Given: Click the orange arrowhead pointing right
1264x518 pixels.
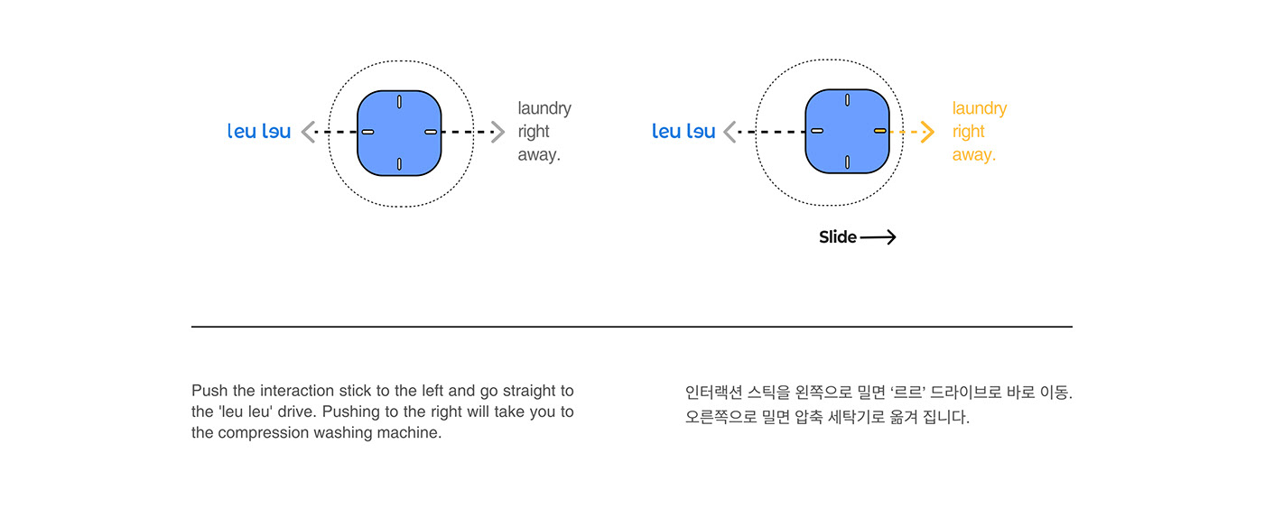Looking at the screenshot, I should tap(927, 133).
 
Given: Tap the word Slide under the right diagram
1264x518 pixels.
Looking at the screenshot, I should tap(837, 237).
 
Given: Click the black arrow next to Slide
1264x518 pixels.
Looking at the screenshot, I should tap(878, 237).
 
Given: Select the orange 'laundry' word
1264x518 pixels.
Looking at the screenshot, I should tap(979, 108).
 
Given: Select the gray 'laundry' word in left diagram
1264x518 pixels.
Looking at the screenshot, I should tap(544, 108).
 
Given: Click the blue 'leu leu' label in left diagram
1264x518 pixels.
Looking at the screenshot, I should tap(259, 132).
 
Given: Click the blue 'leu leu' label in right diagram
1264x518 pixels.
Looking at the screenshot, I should tap(683, 132).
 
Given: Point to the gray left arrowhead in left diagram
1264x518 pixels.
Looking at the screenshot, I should tap(308, 133).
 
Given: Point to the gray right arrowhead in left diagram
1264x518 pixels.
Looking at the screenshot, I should tap(497, 133).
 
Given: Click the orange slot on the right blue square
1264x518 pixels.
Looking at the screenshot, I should tap(879, 132).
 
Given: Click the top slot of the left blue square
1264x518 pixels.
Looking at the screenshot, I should tap(399, 102).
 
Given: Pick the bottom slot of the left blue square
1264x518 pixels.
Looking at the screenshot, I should tap(399, 163).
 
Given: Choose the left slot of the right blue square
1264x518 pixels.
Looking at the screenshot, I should tap(816, 132).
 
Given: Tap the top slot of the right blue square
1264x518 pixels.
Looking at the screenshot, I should tap(847, 100).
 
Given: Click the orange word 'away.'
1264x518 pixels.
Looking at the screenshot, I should tap(973, 155).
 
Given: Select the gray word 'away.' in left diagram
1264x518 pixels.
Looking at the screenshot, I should tap(539, 155).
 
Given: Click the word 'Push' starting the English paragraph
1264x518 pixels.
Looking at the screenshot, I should tap(209, 391).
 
